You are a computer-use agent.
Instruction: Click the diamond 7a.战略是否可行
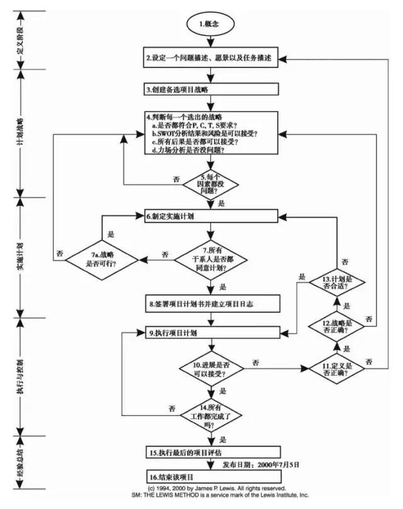click(x=103, y=256)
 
